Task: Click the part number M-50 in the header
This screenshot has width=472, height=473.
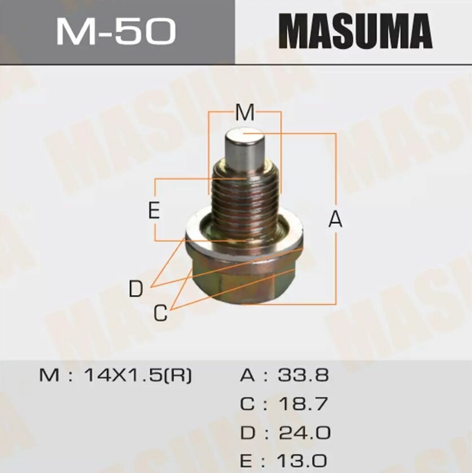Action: point(115,32)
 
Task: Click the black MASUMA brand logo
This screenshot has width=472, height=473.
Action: point(355,32)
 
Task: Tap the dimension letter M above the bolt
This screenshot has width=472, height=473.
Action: point(244,113)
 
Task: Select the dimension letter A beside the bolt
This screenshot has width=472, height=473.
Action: point(335,220)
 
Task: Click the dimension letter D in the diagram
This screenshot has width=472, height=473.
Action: point(136,290)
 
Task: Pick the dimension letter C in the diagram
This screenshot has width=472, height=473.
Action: point(161,313)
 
